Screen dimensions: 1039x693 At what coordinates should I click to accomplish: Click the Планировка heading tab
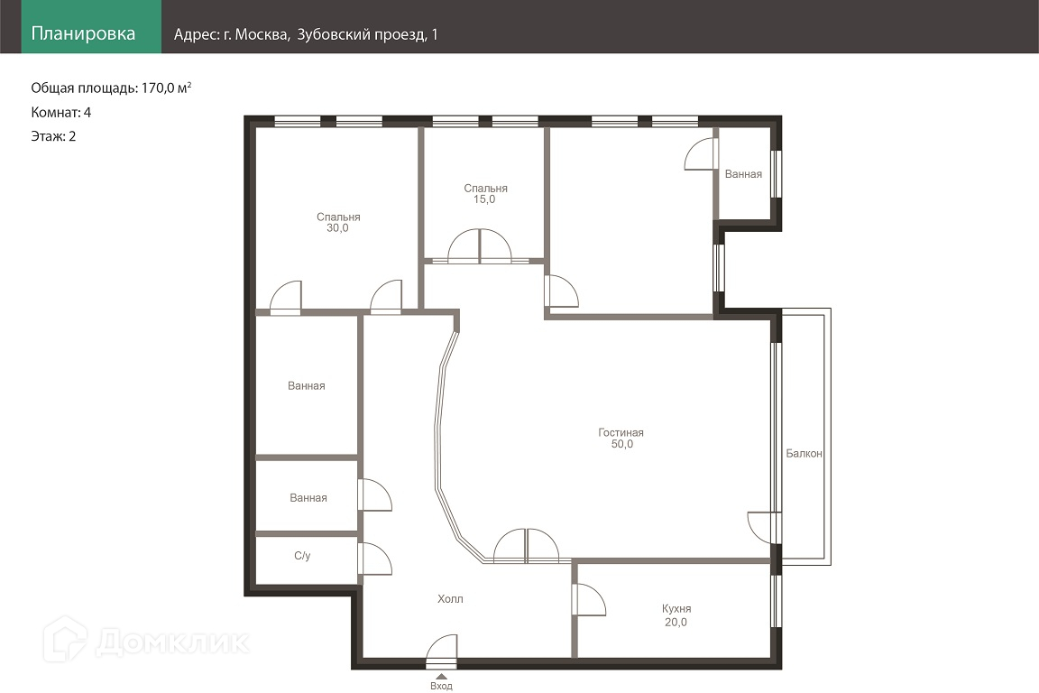pos(83,33)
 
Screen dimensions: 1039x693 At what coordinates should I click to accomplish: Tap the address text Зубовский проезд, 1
pos(367,34)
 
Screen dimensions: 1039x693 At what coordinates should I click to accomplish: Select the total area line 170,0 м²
pos(111,88)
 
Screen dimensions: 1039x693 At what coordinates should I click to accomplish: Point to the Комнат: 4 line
pos(61,112)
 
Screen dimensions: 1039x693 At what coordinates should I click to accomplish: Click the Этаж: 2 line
pos(54,136)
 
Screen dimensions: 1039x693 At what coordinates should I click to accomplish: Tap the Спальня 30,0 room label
pos(338,222)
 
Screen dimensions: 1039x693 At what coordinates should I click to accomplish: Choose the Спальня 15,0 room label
pos(485,194)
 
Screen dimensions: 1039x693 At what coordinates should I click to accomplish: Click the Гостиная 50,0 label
pos(621,439)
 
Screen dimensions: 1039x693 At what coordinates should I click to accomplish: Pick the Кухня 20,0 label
pos(676,615)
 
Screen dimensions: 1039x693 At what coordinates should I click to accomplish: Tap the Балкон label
pos(804,454)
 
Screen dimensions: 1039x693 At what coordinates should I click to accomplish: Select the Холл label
pos(450,599)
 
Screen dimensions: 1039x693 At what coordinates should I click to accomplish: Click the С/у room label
pos(302,556)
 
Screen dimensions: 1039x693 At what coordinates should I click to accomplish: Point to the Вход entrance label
pos(441,687)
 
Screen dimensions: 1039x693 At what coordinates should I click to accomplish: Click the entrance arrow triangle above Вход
pos(441,677)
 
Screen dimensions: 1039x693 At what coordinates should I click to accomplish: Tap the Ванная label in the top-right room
pos(743,174)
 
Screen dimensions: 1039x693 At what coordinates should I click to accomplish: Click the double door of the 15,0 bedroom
pos(480,246)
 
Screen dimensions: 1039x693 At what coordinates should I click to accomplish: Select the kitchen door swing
pos(589,600)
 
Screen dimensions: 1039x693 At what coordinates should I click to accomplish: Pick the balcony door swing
pos(763,528)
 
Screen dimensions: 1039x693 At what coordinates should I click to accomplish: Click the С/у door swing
pos(374,559)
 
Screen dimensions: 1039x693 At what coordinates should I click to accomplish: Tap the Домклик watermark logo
pos(146,640)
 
